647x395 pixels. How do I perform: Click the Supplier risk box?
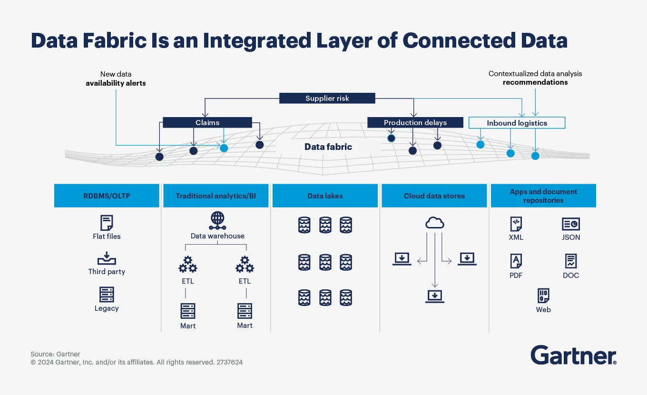pyautogui.click(x=327, y=99)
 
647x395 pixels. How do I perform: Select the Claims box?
pyautogui.click(x=207, y=123)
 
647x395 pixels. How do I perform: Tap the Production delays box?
pyautogui.click(x=415, y=123)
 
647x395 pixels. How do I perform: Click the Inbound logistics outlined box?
pyautogui.click(x=517, y=123)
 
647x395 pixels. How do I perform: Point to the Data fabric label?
pyautogui.click(x=328, y=147)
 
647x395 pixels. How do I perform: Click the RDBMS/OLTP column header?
pyautogui.click(x=107, y=196)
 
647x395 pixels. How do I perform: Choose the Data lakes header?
pyautogui.click(x=325, y=196)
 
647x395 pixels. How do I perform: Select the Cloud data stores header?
pyautogui.click(x=434, y=196)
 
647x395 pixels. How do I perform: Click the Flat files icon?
pyautogui.click(x=107, y=223)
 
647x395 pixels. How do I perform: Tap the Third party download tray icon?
pyautogui.click(x=107, y=258)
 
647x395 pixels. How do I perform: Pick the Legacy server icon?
pyautogui.click(x=107, y=295)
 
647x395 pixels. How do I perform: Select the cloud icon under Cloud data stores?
pyautogui.click(x=434, y=222)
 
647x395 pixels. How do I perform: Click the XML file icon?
pyautogui.click(x=516, y=224)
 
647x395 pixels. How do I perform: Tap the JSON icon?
pyautogui.click(x=570, y=224)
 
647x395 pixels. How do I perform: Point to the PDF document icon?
pyautogui.click(x=516, y=261)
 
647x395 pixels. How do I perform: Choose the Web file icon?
pyautogui.click(x=543, y=296)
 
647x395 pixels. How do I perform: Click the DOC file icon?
pyautogui.click(x=570, y=261)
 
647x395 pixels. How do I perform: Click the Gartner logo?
pyautogui.click(x=573, y=355)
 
